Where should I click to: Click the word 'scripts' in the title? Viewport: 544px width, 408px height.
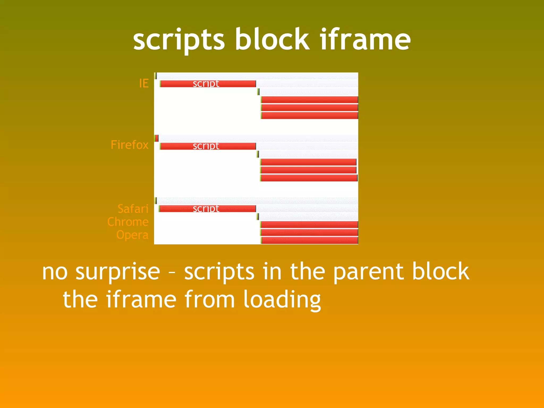click(179, 40)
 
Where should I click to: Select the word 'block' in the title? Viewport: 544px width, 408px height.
click(272, 40)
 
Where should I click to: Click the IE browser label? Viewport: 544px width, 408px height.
click(144, 83)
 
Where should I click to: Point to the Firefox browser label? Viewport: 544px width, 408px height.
click(129, 145)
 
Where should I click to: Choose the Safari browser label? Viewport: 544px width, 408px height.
click(133, 209)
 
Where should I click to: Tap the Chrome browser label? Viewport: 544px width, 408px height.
click(128, 222)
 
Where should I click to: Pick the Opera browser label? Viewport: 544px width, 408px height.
click(132, 235)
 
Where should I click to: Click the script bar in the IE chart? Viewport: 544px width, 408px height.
click(208, 84)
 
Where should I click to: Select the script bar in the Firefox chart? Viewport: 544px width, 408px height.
click(208, 146)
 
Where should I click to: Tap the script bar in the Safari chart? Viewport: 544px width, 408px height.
click(207, 209)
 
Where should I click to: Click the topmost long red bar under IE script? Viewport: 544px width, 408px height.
click(309, 100)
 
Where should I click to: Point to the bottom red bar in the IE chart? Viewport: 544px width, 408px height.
click(309, 116)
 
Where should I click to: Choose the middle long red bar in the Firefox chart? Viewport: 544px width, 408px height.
click(308, 170)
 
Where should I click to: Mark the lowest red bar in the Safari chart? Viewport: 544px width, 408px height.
click(309, 240)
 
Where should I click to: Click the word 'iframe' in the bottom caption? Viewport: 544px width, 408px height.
click(141, 300)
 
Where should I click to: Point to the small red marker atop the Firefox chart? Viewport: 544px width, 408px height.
click(157, 138)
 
